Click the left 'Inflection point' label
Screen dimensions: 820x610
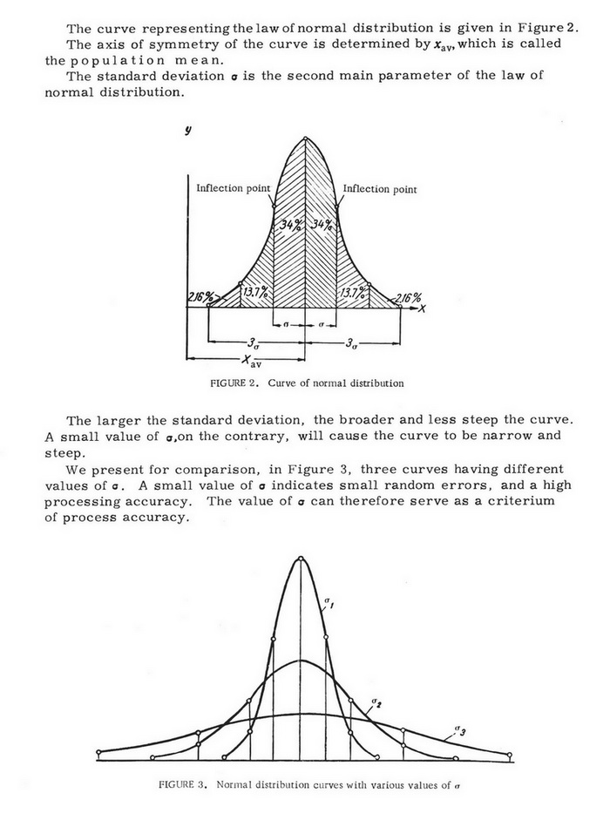[x=233, y=188]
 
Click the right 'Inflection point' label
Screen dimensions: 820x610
[x=380, y=189]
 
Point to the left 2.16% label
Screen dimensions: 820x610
[x=199, y=298]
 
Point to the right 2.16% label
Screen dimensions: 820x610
[x=408, y=298]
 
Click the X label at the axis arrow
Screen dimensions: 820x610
[x=422, y=308]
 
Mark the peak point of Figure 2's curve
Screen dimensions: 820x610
[x=305, y=137]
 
